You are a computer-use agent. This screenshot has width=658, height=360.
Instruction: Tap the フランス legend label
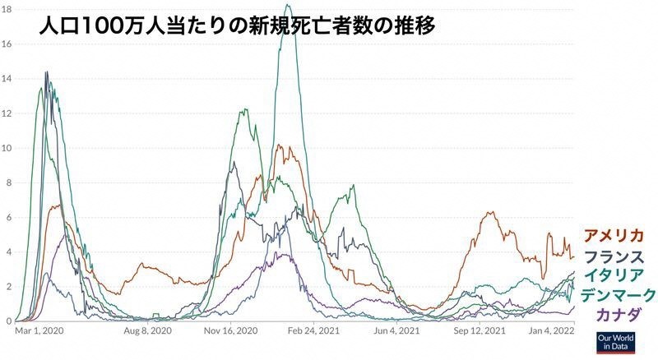coord(619,255)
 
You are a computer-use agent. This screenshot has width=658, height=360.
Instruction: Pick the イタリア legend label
coord(619,275)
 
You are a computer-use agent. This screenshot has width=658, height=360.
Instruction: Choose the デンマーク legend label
coord(619,294)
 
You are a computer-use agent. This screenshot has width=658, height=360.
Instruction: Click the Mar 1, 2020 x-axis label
coord(39,330)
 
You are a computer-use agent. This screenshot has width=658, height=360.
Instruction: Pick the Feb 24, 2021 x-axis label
coord(313,330)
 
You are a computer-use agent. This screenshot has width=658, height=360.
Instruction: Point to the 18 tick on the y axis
coord(7,9)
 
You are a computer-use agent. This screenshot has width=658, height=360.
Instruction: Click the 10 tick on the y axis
coord(7,148)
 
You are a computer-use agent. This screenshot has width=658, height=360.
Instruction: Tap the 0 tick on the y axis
coord(7,321)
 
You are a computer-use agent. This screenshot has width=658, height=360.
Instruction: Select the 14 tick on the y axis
coord(7,79)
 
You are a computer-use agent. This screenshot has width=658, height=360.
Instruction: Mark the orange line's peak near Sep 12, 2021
coord(491,212)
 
